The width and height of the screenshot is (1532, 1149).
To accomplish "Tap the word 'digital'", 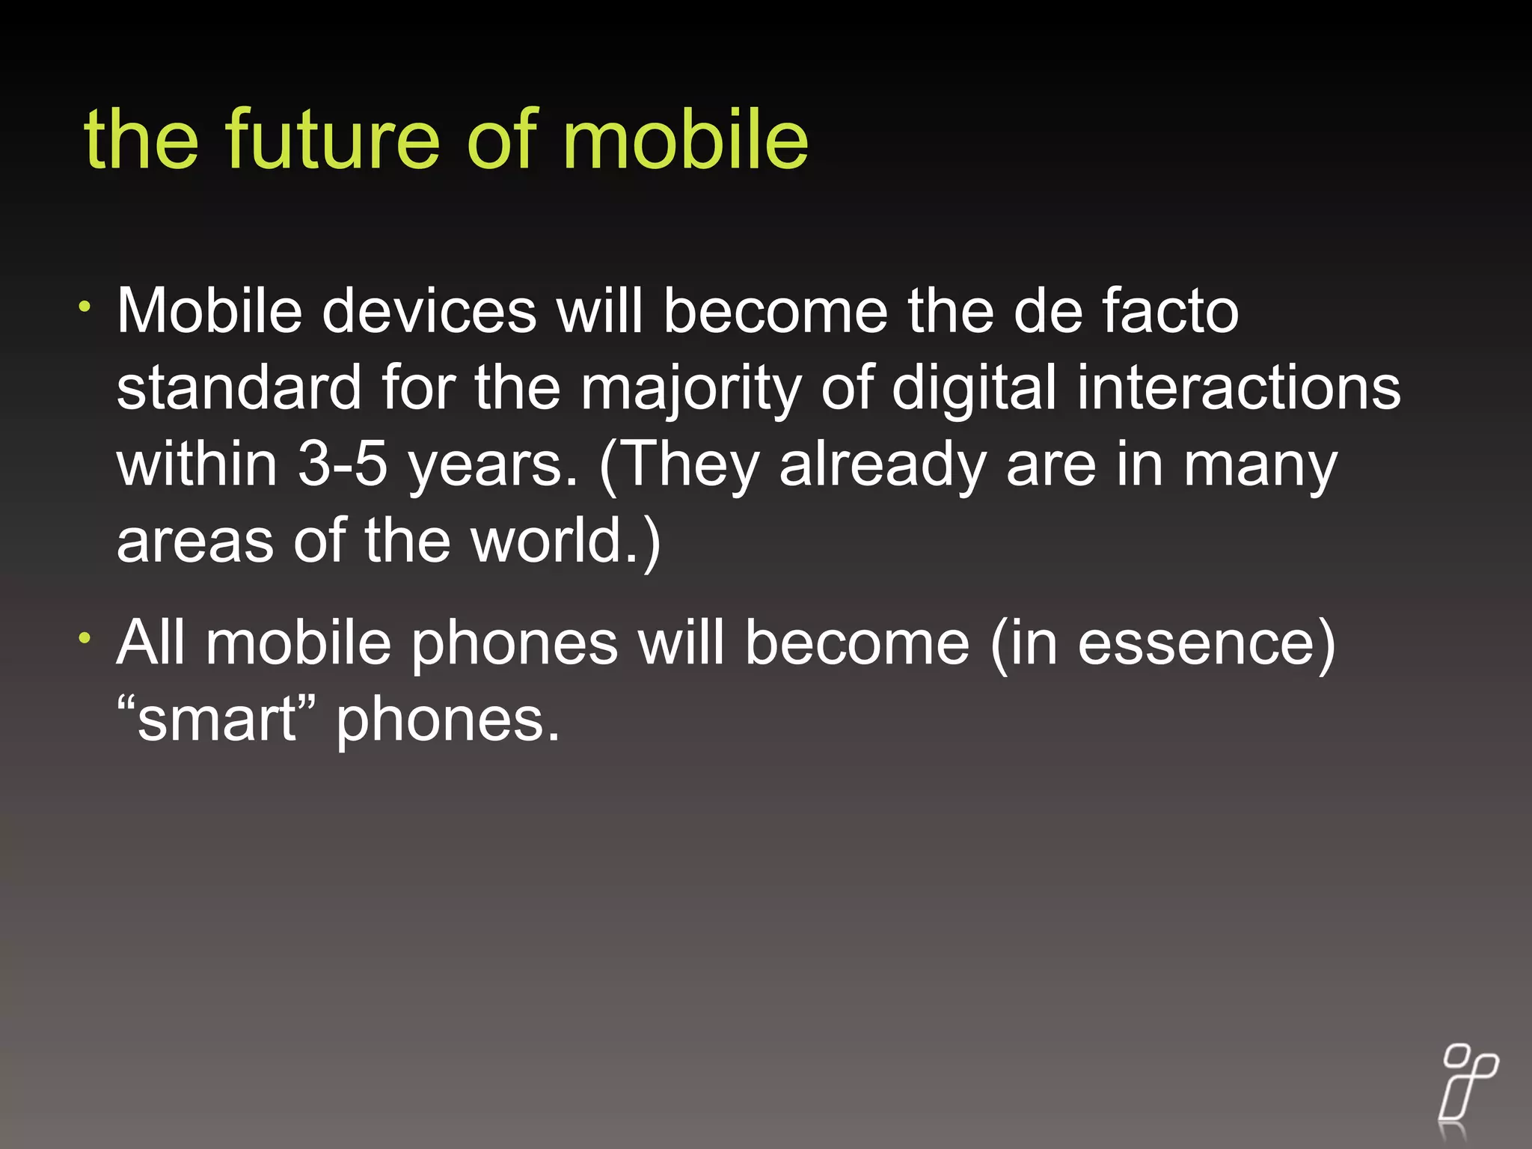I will coord(974,389).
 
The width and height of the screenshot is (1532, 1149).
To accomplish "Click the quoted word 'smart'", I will coord(216,720).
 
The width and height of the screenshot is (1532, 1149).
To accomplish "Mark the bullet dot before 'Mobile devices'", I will coord(86,306).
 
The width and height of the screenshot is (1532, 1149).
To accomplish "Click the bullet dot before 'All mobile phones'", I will coord(86,638).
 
